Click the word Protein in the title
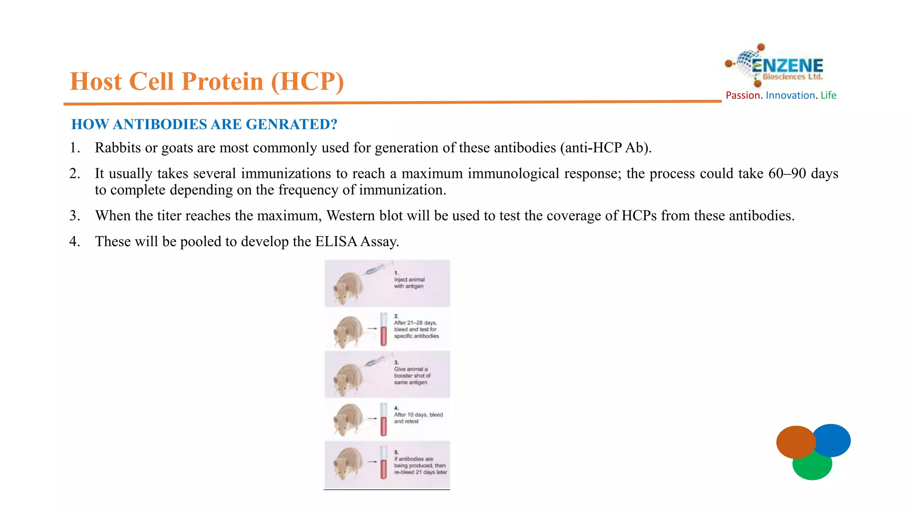[x=222, y=82]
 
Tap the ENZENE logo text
[x=787, y=66]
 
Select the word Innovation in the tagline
[x=790, y=95]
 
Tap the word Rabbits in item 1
[x=117, y=148]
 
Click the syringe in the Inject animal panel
[x=375, y=269]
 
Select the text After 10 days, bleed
[x=418, y=415]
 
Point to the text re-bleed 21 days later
[x=420, y=472]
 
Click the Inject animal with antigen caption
[x=409, y=283]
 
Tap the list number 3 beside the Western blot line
[x=74, y=216]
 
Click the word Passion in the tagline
[x=743, y=95]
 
